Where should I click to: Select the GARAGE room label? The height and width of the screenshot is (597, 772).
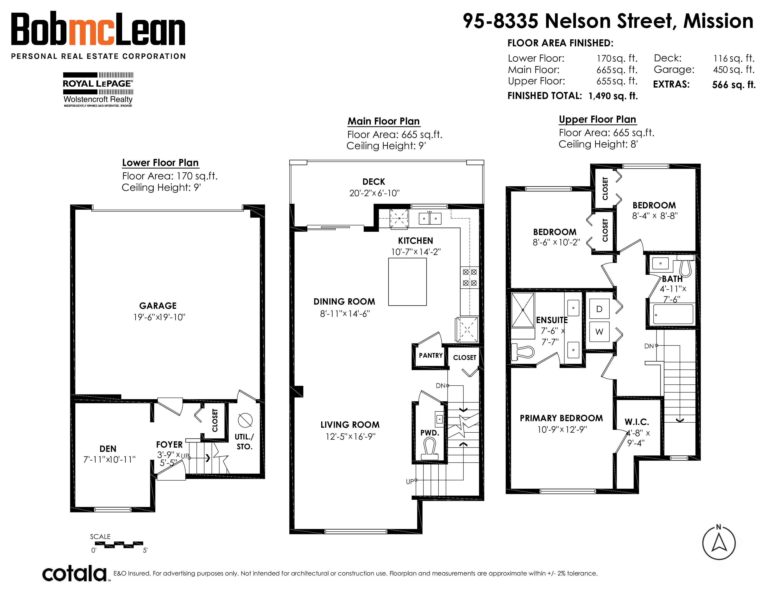click(158, 306)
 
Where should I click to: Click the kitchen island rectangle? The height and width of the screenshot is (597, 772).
click(407, 282)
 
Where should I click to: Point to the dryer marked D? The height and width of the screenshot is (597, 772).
click(599, 309)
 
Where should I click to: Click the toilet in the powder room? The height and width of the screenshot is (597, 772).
click(430, 449)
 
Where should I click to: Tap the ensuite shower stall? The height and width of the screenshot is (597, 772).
click(522, 310)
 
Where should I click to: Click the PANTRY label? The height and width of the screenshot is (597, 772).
click(430, 355)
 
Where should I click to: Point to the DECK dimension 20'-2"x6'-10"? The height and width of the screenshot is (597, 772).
click(374, 193)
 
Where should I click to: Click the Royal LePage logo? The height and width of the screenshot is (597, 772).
click(98, 89)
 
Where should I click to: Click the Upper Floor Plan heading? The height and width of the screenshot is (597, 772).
click(597, 120)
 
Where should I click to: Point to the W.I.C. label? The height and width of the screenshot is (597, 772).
click(637, 422)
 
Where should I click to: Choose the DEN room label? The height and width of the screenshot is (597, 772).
click(108, 449)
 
